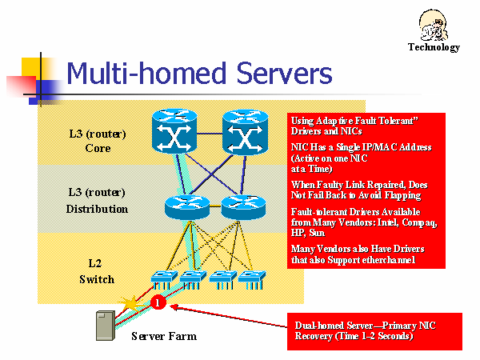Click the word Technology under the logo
point(434,47)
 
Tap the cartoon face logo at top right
point(434,24)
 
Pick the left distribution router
point(186,207)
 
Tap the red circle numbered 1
point(158,302)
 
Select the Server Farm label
point(164,336)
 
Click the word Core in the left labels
point(98,148)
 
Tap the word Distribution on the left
point(97,209)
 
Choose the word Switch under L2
point(96,279)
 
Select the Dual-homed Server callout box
point(375,331)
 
